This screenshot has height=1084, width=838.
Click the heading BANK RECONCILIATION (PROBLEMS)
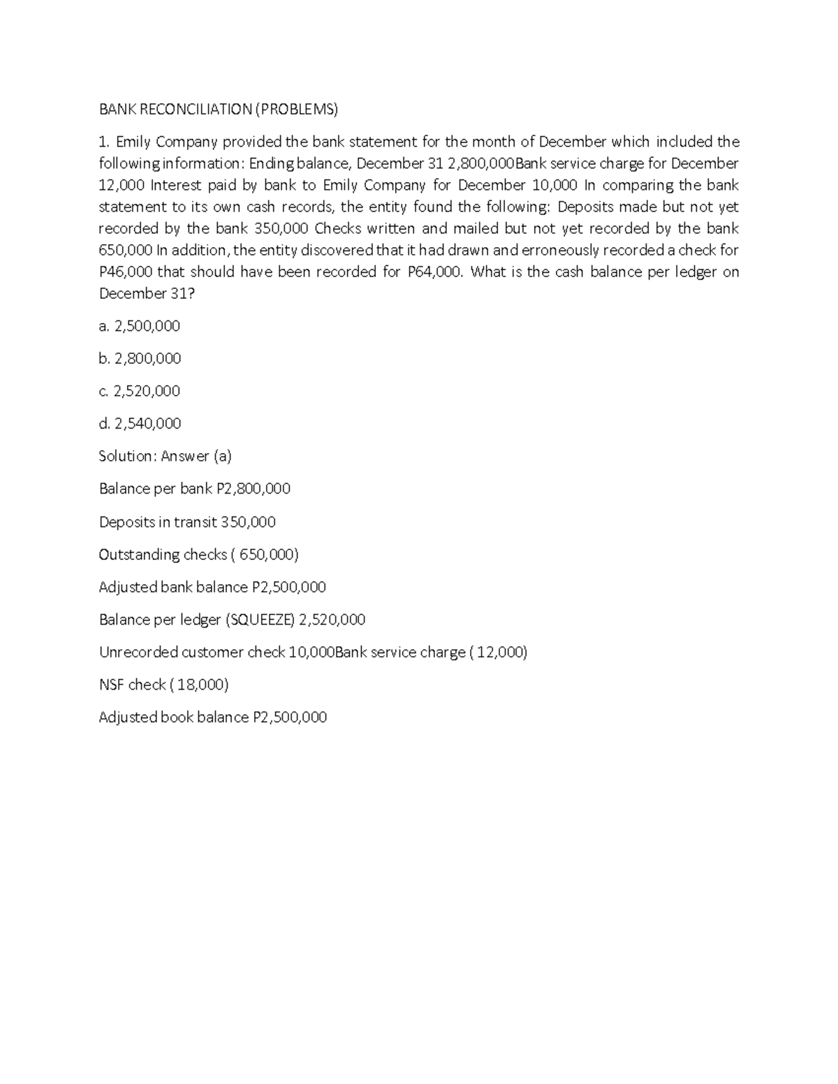pos(218,109)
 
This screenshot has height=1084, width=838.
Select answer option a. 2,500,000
pos(140,326)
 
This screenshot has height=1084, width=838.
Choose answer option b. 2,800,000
pos(140,359)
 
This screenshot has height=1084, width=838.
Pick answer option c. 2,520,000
pos(140,391)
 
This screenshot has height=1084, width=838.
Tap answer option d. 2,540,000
pos(140,424)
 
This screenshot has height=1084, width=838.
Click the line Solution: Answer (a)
pos(166,456)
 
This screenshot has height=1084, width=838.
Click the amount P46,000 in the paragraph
pos(125,272)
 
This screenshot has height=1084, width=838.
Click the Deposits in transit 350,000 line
pos(187,522)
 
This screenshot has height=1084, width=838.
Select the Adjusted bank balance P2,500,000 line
pos(212,587)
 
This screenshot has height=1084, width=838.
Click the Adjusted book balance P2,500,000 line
pos(212,718)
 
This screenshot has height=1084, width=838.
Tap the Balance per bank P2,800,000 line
pos(195,489)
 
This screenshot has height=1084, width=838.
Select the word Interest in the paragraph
pos(176,185)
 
